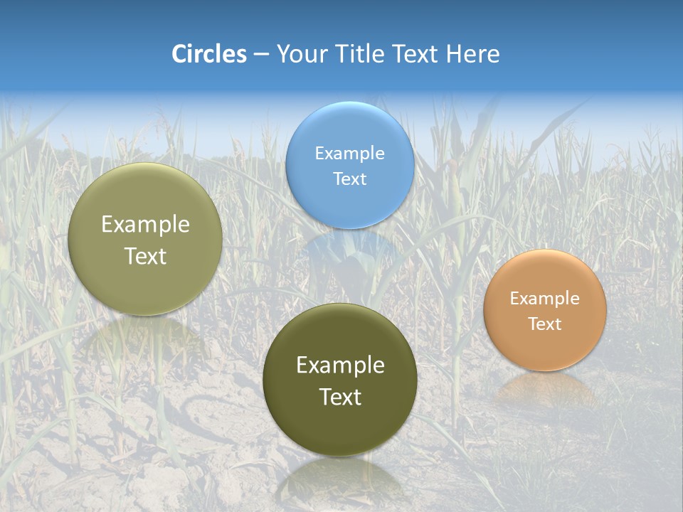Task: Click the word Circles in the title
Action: (x=209, y=54)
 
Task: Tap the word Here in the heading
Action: (x=472, y=54)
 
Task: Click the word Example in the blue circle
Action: (x=349, y=154)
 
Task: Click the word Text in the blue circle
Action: (x=349, y=179)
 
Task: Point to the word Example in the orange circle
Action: (x=544, y=299)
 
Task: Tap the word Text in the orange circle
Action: (x=544, y=324)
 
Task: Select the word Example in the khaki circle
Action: (x=145, y=225)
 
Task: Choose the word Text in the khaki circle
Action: (x=145, y=256)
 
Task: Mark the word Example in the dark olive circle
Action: (x=340, y=366)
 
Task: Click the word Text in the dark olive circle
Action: (x=340, y=397)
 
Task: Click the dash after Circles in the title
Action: (x=261, y=55)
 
